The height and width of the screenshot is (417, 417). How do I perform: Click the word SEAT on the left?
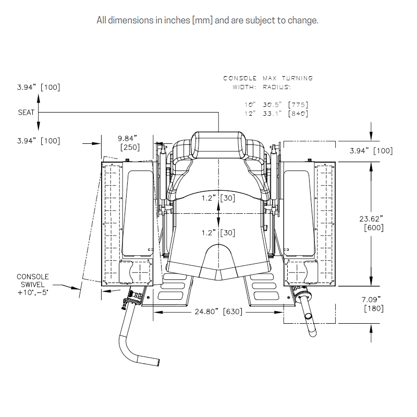26,113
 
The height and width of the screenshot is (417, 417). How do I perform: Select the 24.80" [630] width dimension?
218,311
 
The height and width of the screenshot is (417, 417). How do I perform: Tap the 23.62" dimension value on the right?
371,219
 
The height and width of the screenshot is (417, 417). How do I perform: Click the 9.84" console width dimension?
127,138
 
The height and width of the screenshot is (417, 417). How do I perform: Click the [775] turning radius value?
298,105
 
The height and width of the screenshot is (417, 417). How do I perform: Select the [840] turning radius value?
298,114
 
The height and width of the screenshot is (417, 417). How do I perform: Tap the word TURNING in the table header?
297,78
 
